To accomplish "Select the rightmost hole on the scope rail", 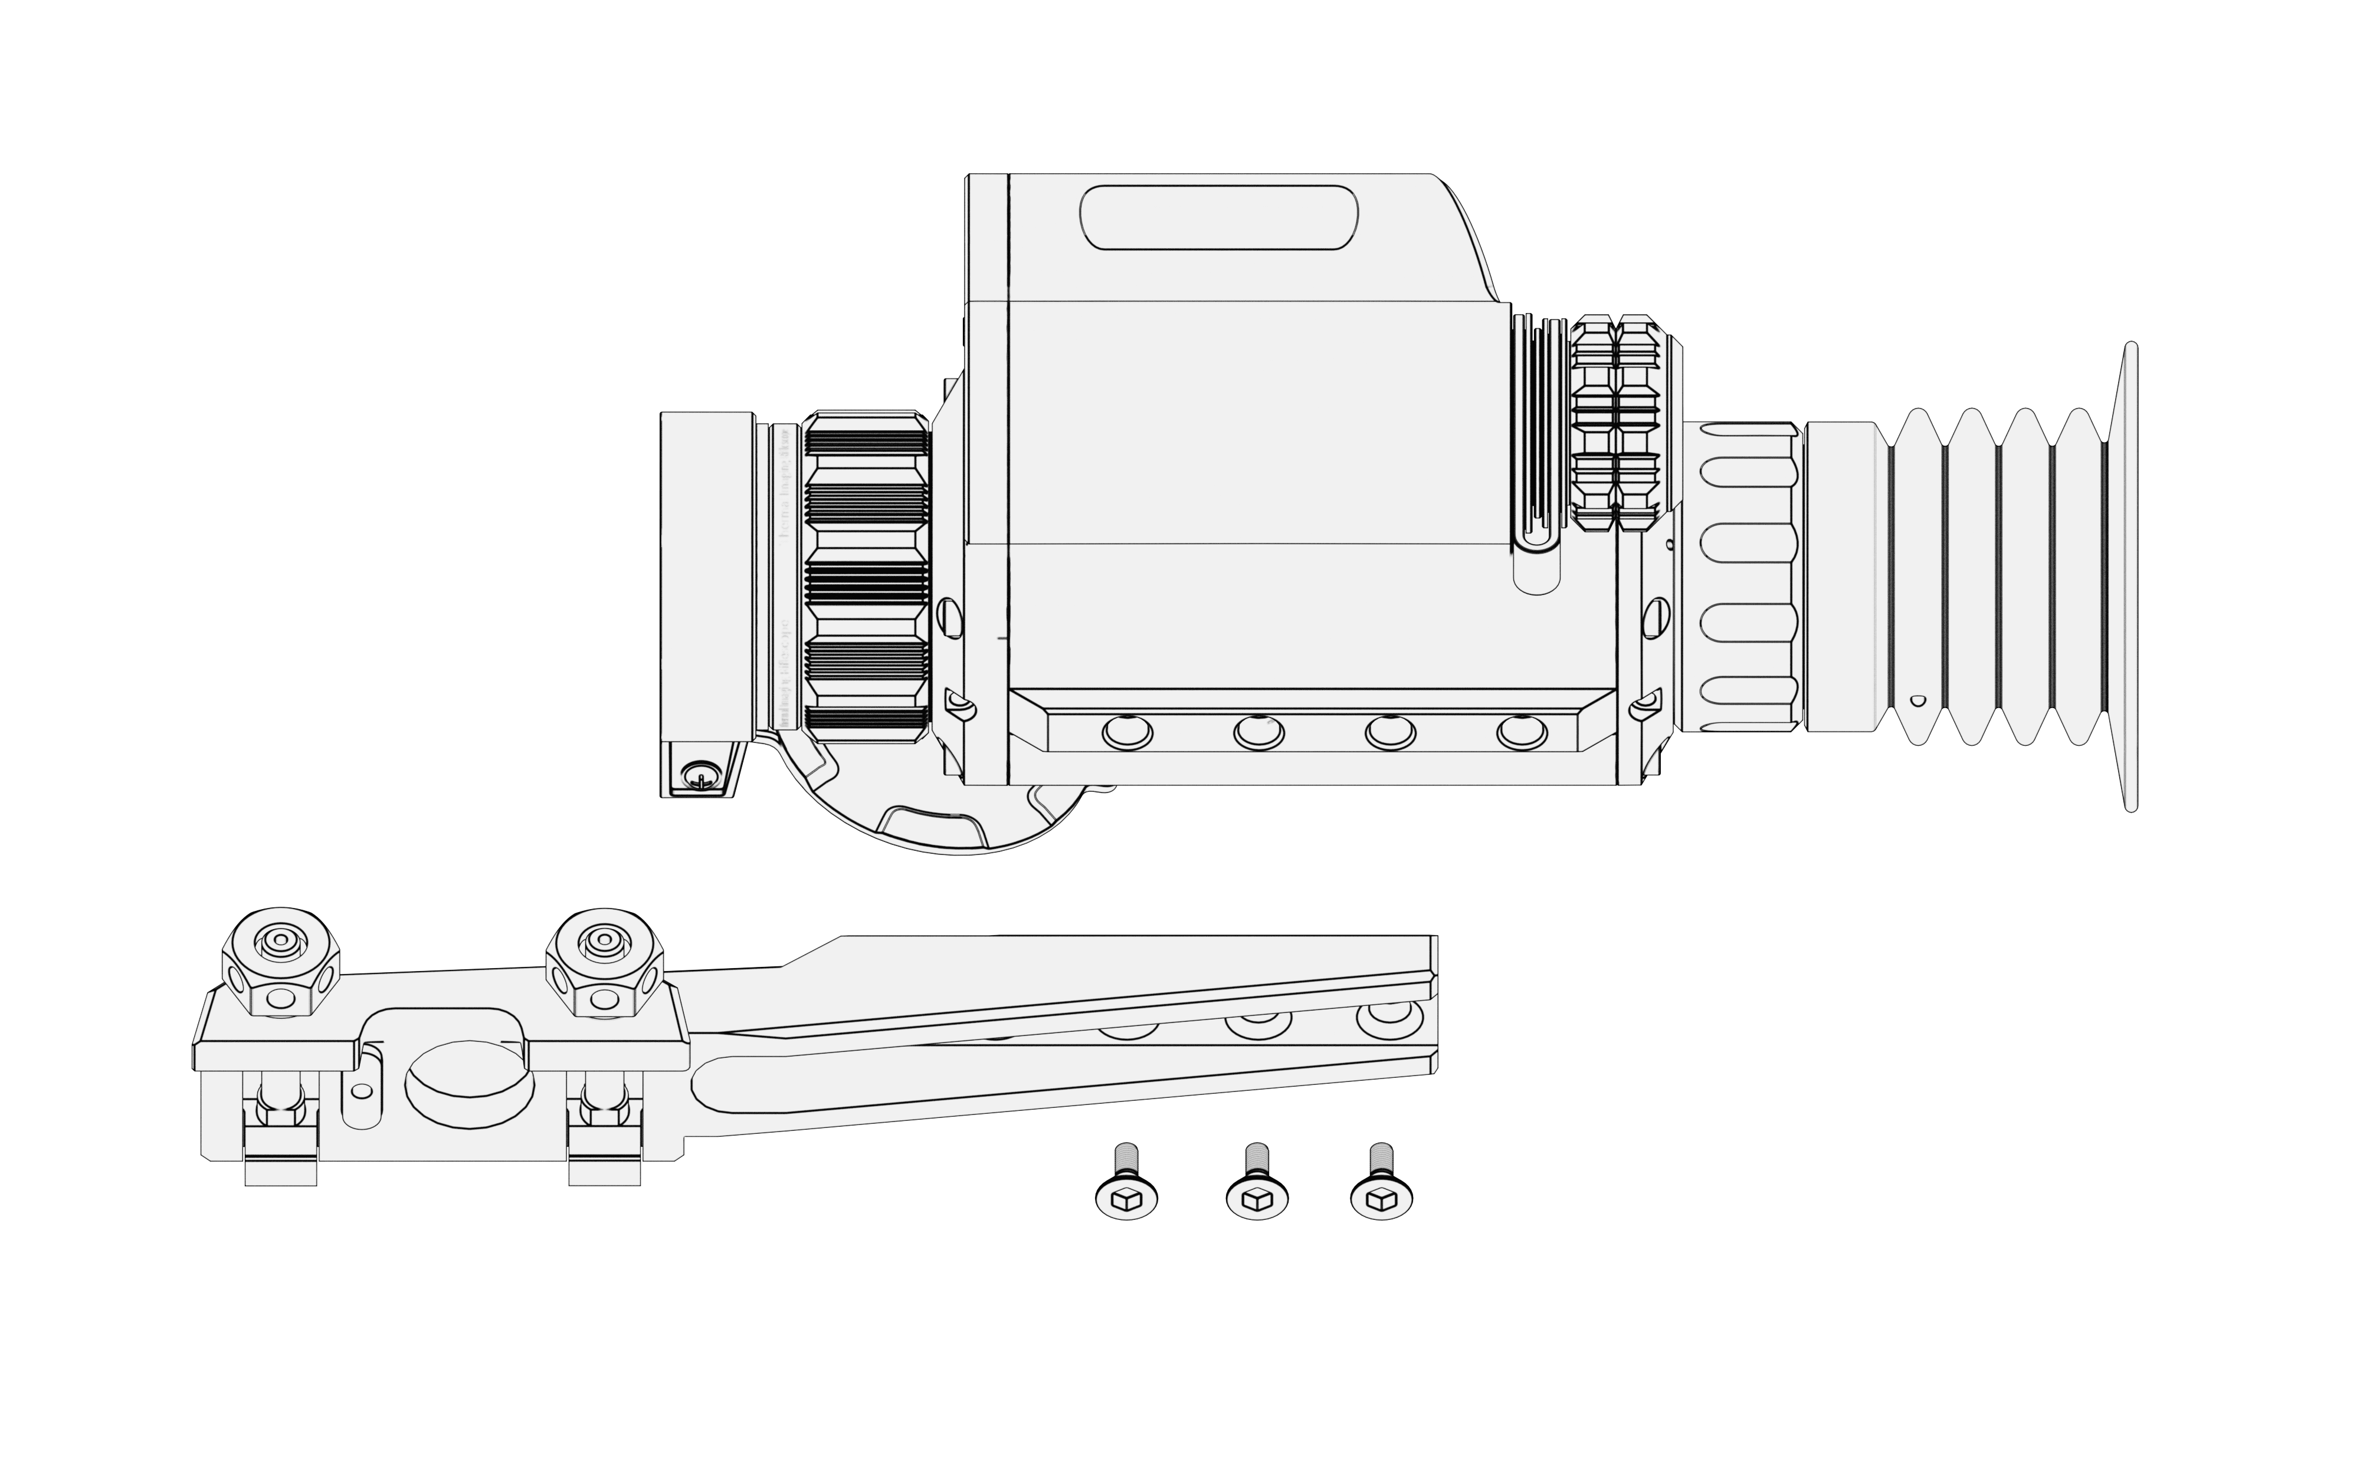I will pos(1522,731).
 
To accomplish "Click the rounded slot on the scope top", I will pos(1219,218).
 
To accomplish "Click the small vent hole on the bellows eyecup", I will pos(1917,700).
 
